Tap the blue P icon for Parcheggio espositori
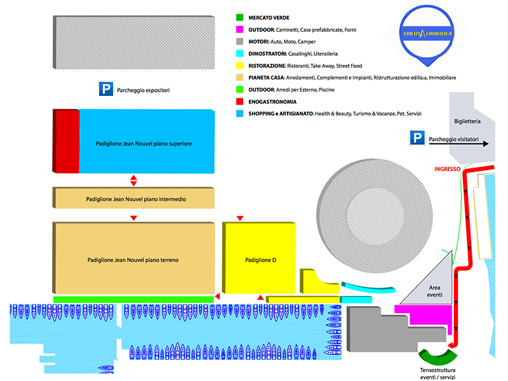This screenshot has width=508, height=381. click(x=105, y=90)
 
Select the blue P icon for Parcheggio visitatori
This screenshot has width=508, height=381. click(x=417, y=138)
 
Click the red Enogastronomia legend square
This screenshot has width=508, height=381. click(x=239, y=102)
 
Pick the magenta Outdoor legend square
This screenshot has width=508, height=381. click(x=239, y=30)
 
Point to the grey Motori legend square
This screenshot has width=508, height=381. click(x=239, y=42)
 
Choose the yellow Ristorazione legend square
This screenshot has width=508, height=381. click(x=239, y=65)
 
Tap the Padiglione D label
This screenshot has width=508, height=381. click(x=260, y=260)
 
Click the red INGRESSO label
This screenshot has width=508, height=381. click(x=446, y=169)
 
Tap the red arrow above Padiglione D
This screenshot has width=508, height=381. click(x=240, y=219)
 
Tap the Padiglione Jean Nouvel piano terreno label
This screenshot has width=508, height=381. click(x=133, y=260)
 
